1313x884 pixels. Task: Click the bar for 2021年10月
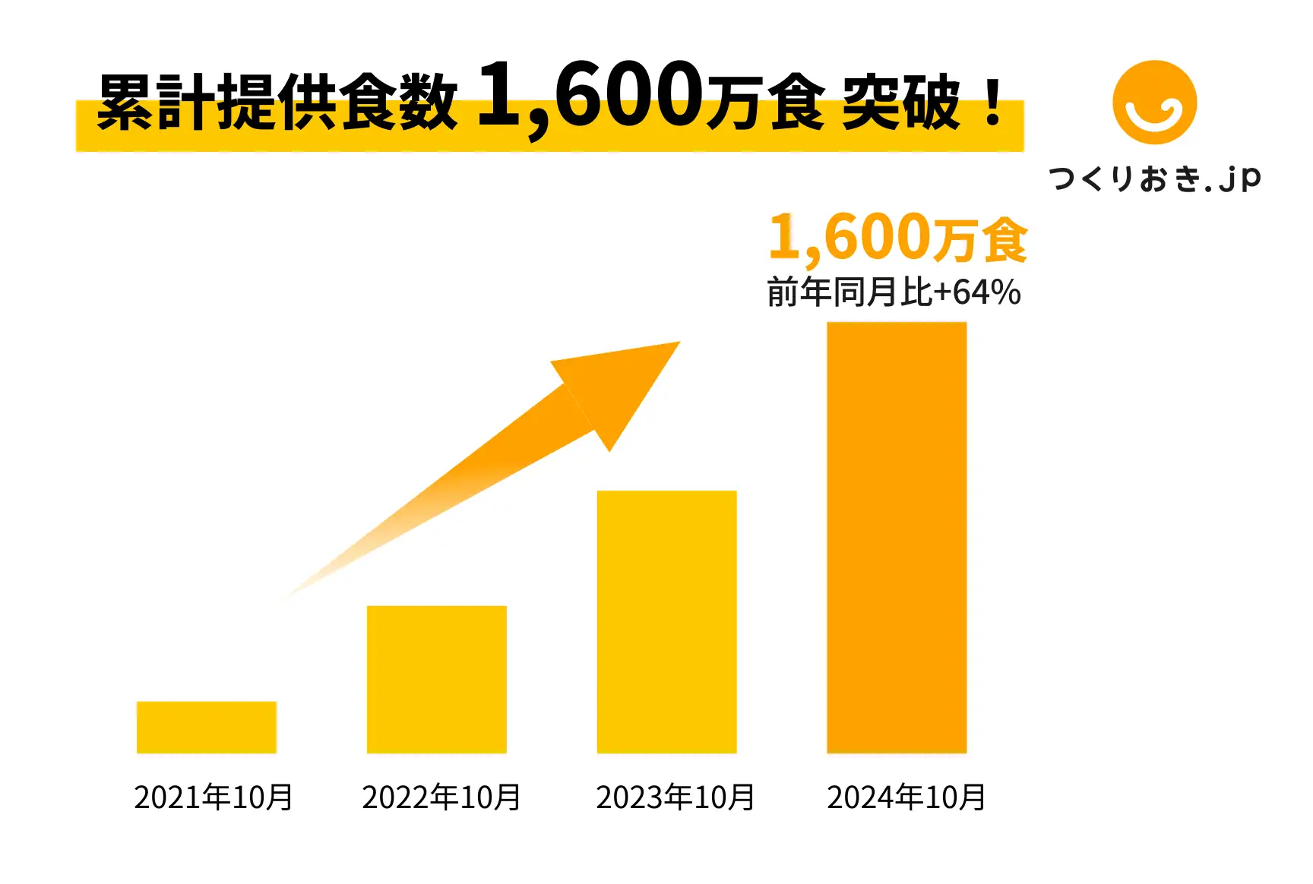206,727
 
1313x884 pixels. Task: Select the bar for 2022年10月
436,679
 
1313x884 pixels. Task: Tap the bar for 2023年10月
666,621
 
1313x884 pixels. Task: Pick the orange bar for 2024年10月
897,537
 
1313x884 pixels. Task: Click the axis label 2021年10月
214,797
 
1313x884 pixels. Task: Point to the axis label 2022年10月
441,797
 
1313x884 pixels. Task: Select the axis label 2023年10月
675,797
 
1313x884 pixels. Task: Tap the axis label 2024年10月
906,797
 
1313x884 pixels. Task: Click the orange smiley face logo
1154,103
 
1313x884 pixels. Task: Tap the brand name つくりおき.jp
1154,179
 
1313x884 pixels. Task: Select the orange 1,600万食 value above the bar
898,238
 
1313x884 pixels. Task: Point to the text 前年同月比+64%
894,292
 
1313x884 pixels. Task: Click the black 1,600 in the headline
589,96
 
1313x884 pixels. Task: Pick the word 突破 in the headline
901,103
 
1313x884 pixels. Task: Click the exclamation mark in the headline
992,103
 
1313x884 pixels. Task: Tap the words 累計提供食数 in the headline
277,103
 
